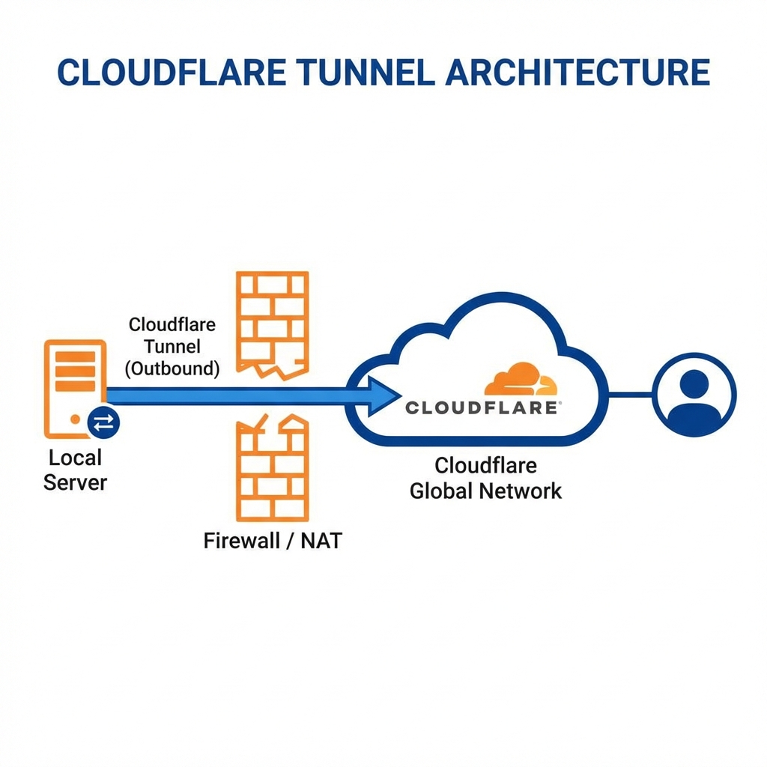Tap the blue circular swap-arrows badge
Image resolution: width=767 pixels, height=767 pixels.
pyautogui.click(x=103, y=423)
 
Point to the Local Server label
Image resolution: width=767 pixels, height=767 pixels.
pyautogui.click(x=75, y=470)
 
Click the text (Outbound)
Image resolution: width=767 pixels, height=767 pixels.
pyautogui.click(x=172, y=369)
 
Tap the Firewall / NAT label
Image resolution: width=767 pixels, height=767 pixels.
pyautogui.click(x=272, y=540)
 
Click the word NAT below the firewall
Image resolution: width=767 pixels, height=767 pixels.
pyautogui.click(x=321, y=540)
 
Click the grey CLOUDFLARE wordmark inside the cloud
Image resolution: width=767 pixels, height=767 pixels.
pyautogui.click(x=483, y=407)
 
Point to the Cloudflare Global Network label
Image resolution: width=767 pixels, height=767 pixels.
pyautogui.click(x=485, y=478)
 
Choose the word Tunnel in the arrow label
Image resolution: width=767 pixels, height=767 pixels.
pyautogui.click(x=172, y=347)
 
